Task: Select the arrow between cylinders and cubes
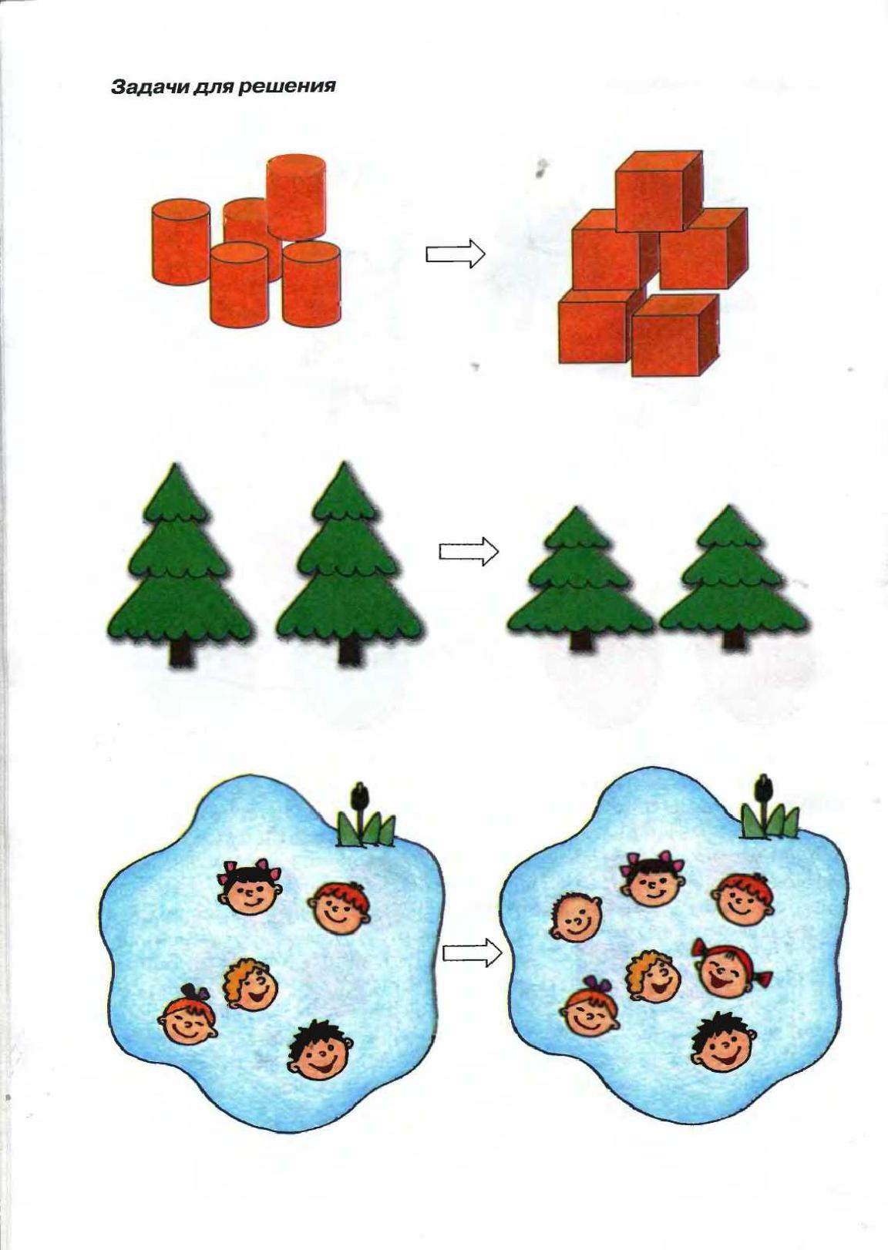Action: pyautogui.click(x=456, y=254)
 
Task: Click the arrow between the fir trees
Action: pyautogui.click(x=468, y=551)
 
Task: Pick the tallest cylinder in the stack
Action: pyautogui.click(x=296, y=196)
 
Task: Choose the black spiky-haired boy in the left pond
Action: pyautogui.click(x=320, y=1110)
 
